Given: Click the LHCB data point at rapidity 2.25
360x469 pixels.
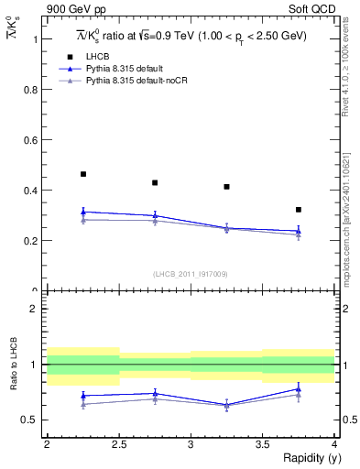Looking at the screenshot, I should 83,174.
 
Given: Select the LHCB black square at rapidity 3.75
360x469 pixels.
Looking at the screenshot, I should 299,210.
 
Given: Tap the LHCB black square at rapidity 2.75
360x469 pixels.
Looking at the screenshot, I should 155,183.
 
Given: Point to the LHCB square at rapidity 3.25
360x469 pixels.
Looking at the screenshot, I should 226,187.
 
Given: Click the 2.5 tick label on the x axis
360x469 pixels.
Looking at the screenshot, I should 119,444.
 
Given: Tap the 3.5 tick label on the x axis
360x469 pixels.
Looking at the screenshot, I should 262,444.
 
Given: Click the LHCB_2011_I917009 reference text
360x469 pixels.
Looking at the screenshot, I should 190,273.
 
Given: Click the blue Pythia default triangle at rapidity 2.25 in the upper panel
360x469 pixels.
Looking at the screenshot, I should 83,212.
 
